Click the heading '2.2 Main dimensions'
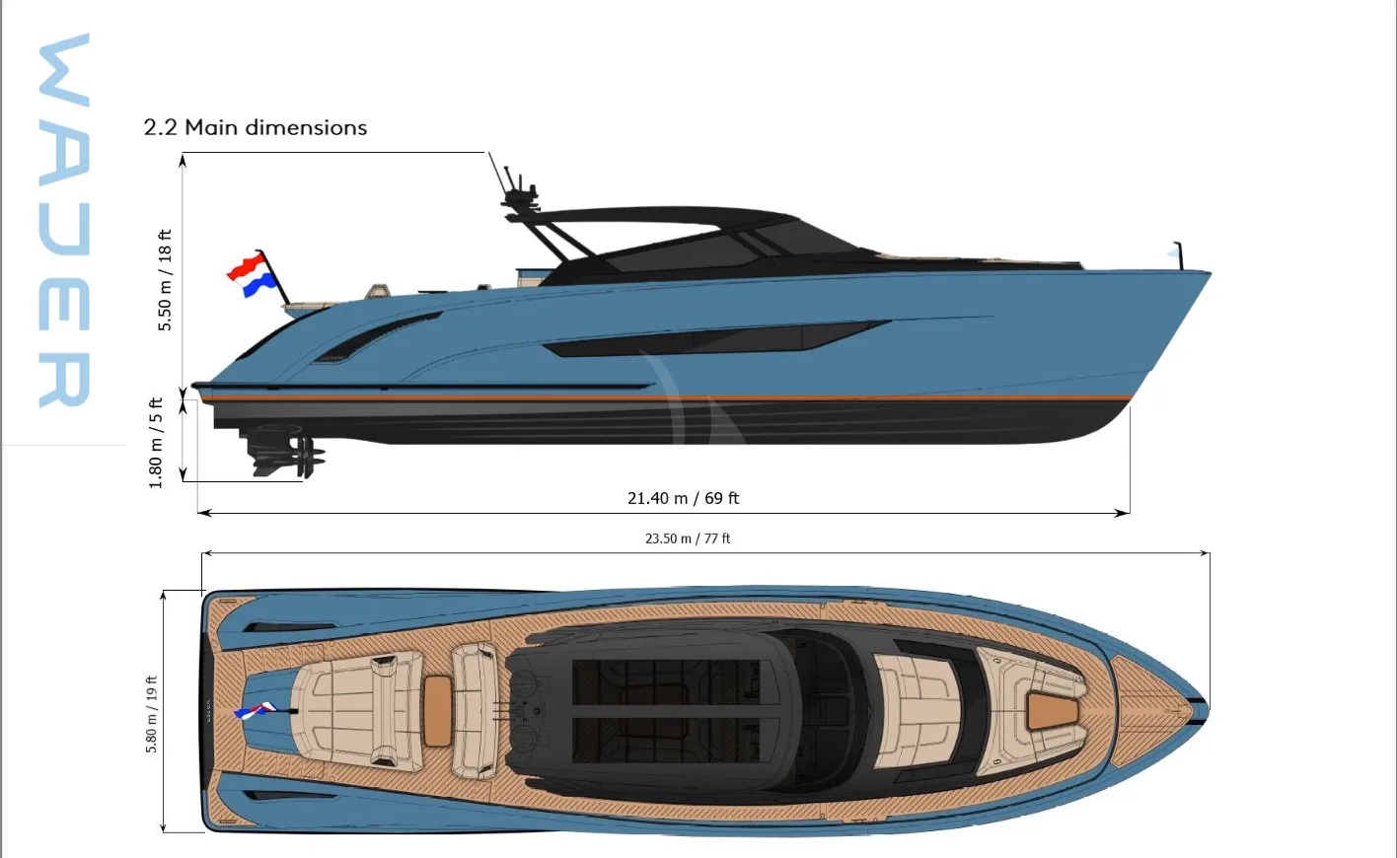coord(256,127)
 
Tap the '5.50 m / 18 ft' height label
coord(165,280)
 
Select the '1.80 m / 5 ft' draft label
coord(156,443)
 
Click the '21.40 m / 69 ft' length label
coord(683,498)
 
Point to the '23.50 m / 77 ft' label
coord(688,538)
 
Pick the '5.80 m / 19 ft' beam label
coord(152,714)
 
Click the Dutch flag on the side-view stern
coord(251,274)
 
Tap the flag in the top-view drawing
coord(256,710)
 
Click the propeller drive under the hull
coord(284,450)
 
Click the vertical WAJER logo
coord(64,220)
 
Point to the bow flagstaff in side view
coord(1177,255)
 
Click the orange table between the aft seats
coord(437,711)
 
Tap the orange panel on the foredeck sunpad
coord(1053,711)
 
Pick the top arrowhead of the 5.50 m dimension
coord(183,160)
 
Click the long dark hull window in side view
coord(717,339)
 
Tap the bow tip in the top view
coord(1208,710)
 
